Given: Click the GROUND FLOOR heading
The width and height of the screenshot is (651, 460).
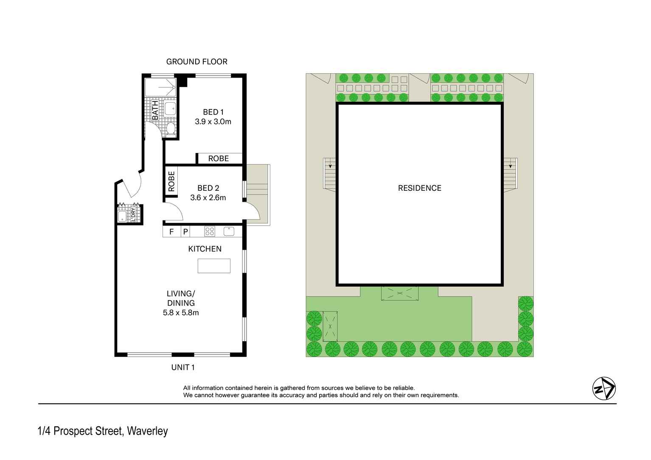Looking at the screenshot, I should tap(196, 61).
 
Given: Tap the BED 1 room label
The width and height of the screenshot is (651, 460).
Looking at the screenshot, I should tap(213, 112).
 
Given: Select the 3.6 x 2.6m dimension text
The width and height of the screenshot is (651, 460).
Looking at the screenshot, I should tap(208, 198).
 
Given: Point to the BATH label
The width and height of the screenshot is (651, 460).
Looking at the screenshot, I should tap(155, 110).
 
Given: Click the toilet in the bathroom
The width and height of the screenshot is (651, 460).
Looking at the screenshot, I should tap(171, 128).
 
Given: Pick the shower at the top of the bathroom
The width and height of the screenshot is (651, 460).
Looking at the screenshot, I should tap(160, 87).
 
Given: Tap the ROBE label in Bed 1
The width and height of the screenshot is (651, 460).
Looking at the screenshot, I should tap(219, 159).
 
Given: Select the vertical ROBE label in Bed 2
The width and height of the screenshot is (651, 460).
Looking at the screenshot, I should tap(171, 181).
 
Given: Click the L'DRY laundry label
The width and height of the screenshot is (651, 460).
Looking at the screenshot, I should tap(134, 215).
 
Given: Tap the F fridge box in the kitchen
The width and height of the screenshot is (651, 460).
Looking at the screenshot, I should tap(171, 231).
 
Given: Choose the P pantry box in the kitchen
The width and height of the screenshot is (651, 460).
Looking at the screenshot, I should tap(185, 231).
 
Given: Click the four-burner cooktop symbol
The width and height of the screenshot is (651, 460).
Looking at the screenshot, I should tap(210, 231).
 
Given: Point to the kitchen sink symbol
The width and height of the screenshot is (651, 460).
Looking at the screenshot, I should tap(229, 231).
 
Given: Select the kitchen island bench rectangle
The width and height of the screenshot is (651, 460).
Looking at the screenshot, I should tap(214, 266).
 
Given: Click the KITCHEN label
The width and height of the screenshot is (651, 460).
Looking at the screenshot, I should tap(205, 249).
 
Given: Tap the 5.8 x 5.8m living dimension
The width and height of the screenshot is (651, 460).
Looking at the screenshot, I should tap(181, 313).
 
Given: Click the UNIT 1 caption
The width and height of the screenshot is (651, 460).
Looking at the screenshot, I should tap(183, 367).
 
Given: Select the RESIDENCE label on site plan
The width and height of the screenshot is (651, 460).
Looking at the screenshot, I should tap(419, 188).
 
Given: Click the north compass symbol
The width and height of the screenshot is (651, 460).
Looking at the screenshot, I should tap(603, 388).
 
